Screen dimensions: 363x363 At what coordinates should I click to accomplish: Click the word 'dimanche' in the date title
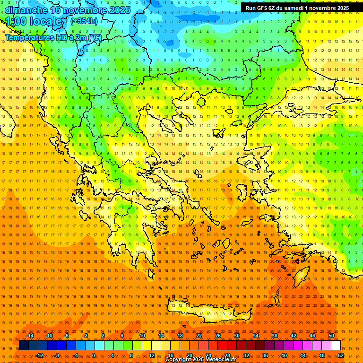pyautogui.click(x=25, y=10)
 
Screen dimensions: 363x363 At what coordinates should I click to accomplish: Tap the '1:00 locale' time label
pyautogui.click(x=34, y=21)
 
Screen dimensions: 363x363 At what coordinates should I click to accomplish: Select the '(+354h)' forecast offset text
pyautogui.click(x=84, y=21)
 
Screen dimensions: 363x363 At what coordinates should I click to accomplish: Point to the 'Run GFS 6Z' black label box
pyautogui.click(x=297, y=8)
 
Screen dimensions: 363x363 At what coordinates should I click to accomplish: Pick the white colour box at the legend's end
pyautogui.click(x=336, y=346)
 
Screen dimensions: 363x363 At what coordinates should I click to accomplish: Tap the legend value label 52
pyautogui.click(x=341, y=355)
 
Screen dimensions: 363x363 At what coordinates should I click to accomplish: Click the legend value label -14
pyautogui.click(x=30, y=336)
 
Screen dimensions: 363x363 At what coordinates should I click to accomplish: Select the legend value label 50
pyautogui.click(x=331, y=336)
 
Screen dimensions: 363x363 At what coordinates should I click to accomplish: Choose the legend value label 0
pyautogui.click(x=93, y=355)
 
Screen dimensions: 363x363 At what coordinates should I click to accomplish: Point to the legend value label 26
pyautogui.click(x=218, y=336)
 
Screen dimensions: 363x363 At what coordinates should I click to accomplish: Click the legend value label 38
pyautogui.click(x=275, y=336)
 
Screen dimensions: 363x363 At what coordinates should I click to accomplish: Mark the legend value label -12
pyautogui.click(x=40, y=355)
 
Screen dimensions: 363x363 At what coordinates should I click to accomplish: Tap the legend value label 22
pyautogui.click(x=199, y=336)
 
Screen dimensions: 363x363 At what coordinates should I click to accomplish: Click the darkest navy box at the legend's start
pyautogui.click(x=24, y=346)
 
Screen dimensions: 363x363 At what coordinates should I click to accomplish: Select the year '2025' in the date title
pyautogui.click(x=119, y=10)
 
